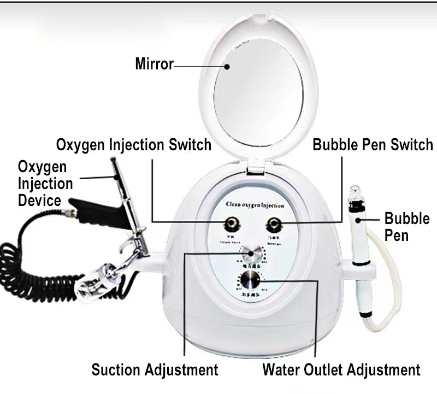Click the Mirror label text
(154, 64)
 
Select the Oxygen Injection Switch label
(134, 145)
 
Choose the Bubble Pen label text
(407, 227)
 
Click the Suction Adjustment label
(155, 370)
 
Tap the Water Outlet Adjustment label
(341, 370)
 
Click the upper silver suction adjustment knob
(253, 254)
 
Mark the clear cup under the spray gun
(99, 281)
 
